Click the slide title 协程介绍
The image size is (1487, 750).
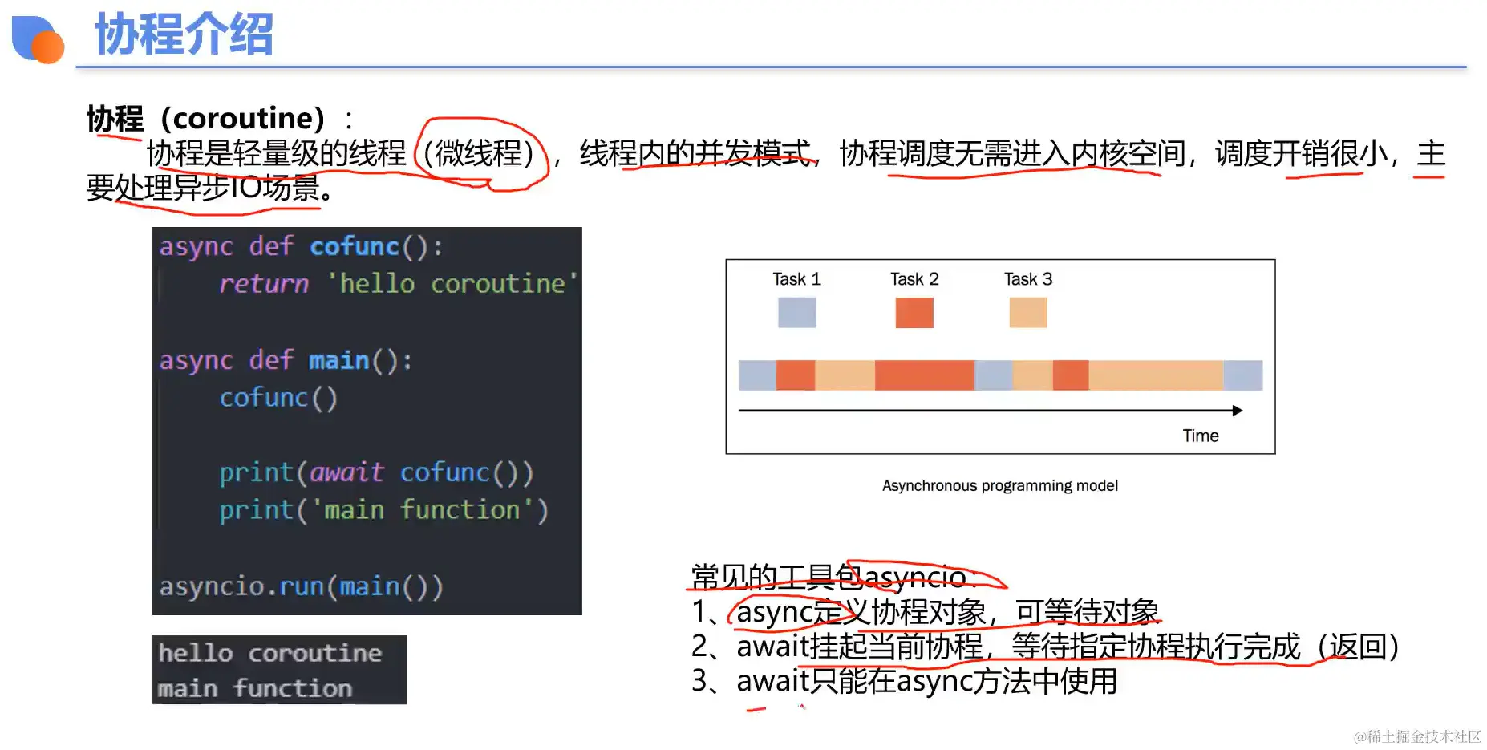(184, 34)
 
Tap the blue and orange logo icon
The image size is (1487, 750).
(38, 39)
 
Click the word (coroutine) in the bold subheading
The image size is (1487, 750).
(243, 119)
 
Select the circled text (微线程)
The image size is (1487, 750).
(479, 153)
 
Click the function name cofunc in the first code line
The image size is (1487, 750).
(355, 246)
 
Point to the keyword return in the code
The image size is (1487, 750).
(264, 283)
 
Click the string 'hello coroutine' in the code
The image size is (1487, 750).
(452, 283)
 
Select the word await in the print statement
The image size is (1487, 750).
(346, 472)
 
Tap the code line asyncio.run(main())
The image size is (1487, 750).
(301, 586)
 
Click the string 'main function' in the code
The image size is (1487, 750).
(422, 510)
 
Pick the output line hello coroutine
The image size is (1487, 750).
(269, 653)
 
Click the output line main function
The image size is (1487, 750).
(255, 688)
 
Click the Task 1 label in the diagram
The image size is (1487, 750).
(796, 279)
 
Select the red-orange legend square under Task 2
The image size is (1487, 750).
(914, 313)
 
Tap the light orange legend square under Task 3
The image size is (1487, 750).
(1028, 313)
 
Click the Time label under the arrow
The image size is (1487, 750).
(1201, 436)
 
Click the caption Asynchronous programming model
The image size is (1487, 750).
(1000, 485)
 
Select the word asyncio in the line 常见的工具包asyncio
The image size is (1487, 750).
(915, 577)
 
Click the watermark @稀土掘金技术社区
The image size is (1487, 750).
(1417, 736)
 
